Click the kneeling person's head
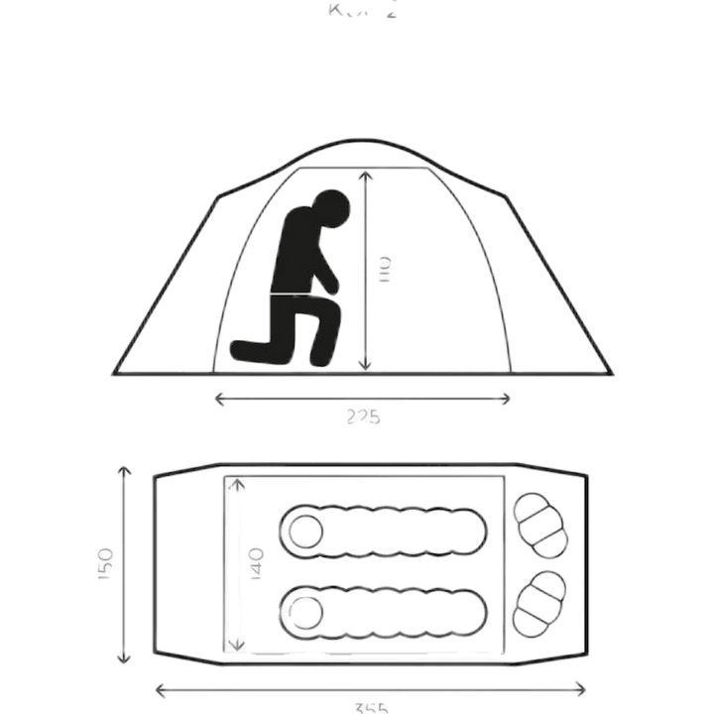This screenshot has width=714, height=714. (x=329, y=209)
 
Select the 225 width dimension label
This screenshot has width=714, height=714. (x=363, y=417)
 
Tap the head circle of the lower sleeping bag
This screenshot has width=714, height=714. (x=304, y=606)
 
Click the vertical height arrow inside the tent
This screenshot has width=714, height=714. (x=364, y=268)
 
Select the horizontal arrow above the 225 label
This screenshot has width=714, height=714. (x=363, y=399)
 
